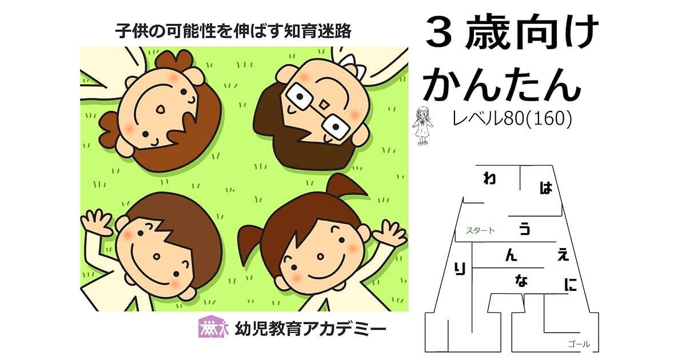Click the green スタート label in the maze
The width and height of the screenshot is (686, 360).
point(480,231)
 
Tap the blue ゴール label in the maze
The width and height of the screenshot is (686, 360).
point(579,344)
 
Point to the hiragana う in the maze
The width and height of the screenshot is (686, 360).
point(524,229)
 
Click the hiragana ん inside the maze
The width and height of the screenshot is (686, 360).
point(510,256)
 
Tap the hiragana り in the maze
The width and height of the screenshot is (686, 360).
point(460,268)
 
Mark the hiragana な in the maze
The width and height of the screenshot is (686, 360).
point(521,281)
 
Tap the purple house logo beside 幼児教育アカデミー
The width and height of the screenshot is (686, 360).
point(213,327)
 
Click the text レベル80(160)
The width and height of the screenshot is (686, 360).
point(512,119)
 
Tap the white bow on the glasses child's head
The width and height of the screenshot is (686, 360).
point(351,65)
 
